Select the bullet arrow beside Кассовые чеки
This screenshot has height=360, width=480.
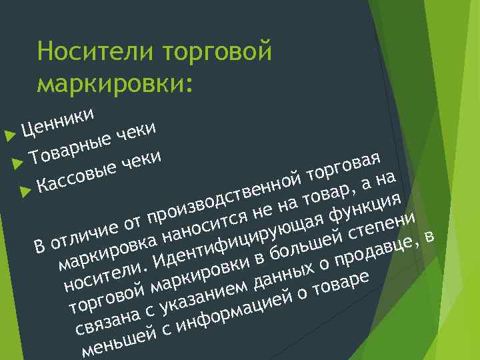point(25,191)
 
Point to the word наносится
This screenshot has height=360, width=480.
point(203,223)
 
